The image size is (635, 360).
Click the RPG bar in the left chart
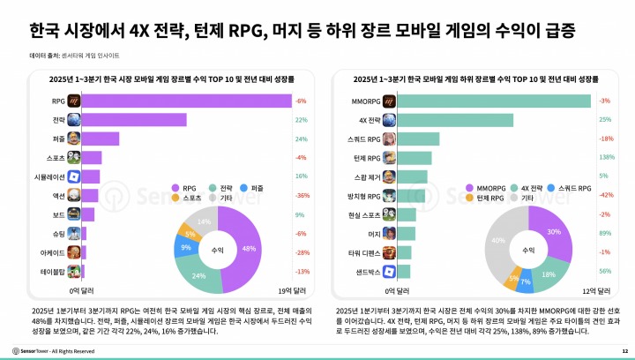click(185, 101)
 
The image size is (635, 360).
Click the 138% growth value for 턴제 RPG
click(605, 157)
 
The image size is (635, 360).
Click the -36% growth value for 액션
click(301, 195)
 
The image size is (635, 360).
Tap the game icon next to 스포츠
click(75, 157)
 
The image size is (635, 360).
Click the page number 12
click(624, 351)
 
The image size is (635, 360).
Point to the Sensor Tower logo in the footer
click(32, 351)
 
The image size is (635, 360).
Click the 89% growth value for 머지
click(605, 233)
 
